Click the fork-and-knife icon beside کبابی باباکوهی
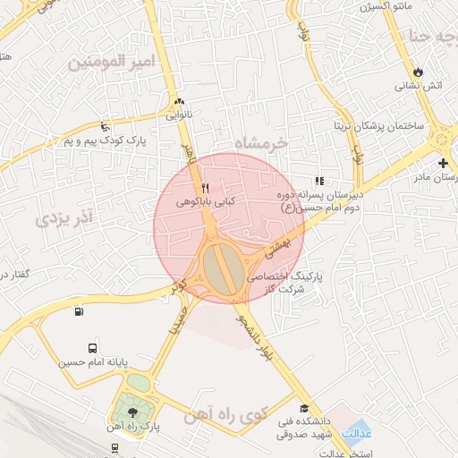206,188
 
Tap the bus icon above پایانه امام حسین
93,348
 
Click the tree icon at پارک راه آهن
132,412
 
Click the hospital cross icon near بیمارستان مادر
444,164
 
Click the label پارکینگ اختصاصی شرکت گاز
284,283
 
